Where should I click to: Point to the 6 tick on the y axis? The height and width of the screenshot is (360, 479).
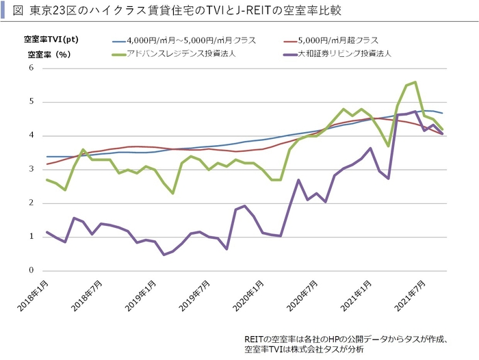pos(31,68)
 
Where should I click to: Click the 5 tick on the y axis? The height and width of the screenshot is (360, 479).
pos(31,102)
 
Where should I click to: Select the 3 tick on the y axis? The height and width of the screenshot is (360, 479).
pos(31,169)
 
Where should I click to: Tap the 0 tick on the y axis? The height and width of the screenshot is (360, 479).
pos(31,270)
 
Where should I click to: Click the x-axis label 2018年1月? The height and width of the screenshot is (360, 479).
pos(33,293)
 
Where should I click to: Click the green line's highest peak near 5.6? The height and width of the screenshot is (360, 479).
pos(415,82)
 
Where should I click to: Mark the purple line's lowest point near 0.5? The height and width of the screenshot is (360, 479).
pos(164,255)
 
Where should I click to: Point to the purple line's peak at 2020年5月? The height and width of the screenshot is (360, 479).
pos(298,180)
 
